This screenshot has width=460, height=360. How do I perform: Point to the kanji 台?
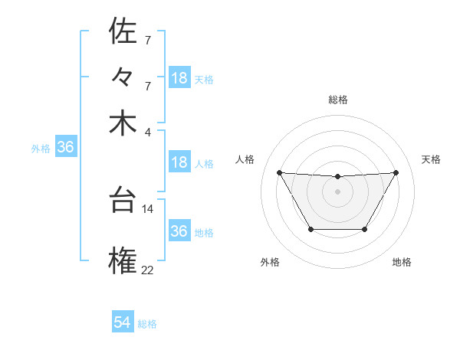[x=123, y=201]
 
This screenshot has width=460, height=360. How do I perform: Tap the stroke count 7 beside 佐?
[x=148, y=39]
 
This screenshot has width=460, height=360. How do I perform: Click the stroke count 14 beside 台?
[x=148, y=208]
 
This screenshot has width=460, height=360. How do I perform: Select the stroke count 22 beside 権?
[x=148, y=269]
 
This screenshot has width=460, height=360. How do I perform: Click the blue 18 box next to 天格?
[x=179, y=78]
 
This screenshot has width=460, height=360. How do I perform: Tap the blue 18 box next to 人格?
[x=179, y=163]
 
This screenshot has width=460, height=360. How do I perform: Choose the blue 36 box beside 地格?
[x=179, y=231]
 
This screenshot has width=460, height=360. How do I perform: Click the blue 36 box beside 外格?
[x=65, y=148]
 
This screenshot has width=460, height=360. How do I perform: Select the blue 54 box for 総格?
[x=123, y=323]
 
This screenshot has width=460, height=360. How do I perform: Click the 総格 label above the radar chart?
[x=337, y=100]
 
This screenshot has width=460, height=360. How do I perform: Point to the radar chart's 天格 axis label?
[x=432, y=159]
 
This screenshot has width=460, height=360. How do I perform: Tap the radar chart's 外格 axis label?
[x=270, y=262]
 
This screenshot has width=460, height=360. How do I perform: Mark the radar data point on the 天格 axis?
[x=396, y=172]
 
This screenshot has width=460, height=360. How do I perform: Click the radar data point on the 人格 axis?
[x=279, y=172]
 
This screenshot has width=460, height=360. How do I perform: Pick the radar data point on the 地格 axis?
[x=364, y=229]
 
